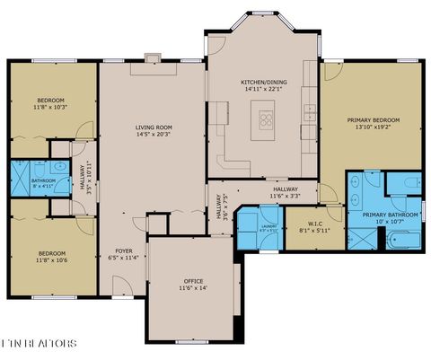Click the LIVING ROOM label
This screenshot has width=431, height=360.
tap(154, 127)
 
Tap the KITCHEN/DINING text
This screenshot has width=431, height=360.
tap(263, 82)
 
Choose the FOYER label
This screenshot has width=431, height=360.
tap(124, 250)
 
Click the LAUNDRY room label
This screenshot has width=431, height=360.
tap(268, 226)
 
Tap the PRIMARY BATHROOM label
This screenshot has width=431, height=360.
tap(391, 215)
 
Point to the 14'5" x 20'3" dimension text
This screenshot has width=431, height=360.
tap(154, 135)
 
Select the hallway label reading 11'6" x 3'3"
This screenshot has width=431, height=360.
tap(285, 196)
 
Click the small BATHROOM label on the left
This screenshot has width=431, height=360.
tap(43, 180)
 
